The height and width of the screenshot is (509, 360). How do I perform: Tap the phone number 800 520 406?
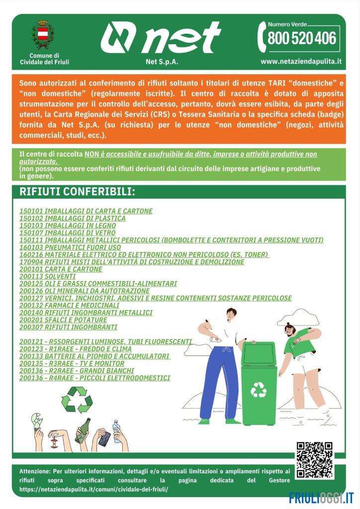point(302,38)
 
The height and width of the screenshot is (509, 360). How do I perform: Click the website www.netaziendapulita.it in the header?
point(301,62)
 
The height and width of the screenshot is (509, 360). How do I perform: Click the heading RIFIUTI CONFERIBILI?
point(77,192)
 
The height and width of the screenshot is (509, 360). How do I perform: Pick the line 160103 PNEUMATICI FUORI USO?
point(70,247)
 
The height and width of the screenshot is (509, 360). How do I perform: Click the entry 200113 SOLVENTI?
point(48,276)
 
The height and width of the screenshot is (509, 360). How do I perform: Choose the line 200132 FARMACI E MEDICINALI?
point(69,305)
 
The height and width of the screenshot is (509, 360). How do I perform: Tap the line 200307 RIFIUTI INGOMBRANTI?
point(68,327)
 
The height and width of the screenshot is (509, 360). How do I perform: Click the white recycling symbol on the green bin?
point(258,390)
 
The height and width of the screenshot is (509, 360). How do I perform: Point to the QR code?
point(314,460)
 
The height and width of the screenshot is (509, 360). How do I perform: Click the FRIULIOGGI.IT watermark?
point(321,497)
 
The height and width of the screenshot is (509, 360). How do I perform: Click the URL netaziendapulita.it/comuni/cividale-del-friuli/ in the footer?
point(93,489)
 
